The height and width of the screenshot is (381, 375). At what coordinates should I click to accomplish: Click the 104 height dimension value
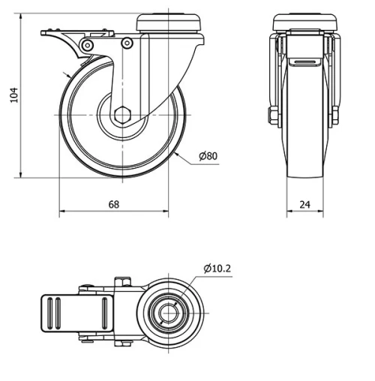pos(12,95)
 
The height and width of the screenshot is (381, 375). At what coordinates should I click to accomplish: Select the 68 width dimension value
pos(113,204)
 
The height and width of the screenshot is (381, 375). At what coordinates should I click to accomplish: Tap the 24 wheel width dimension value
pos(304,204)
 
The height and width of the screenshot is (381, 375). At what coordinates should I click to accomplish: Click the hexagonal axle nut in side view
pos(123,116)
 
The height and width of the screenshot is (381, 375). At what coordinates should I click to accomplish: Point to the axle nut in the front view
pos(271,115)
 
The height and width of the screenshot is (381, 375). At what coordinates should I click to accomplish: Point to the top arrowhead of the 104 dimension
pos(21,16)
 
